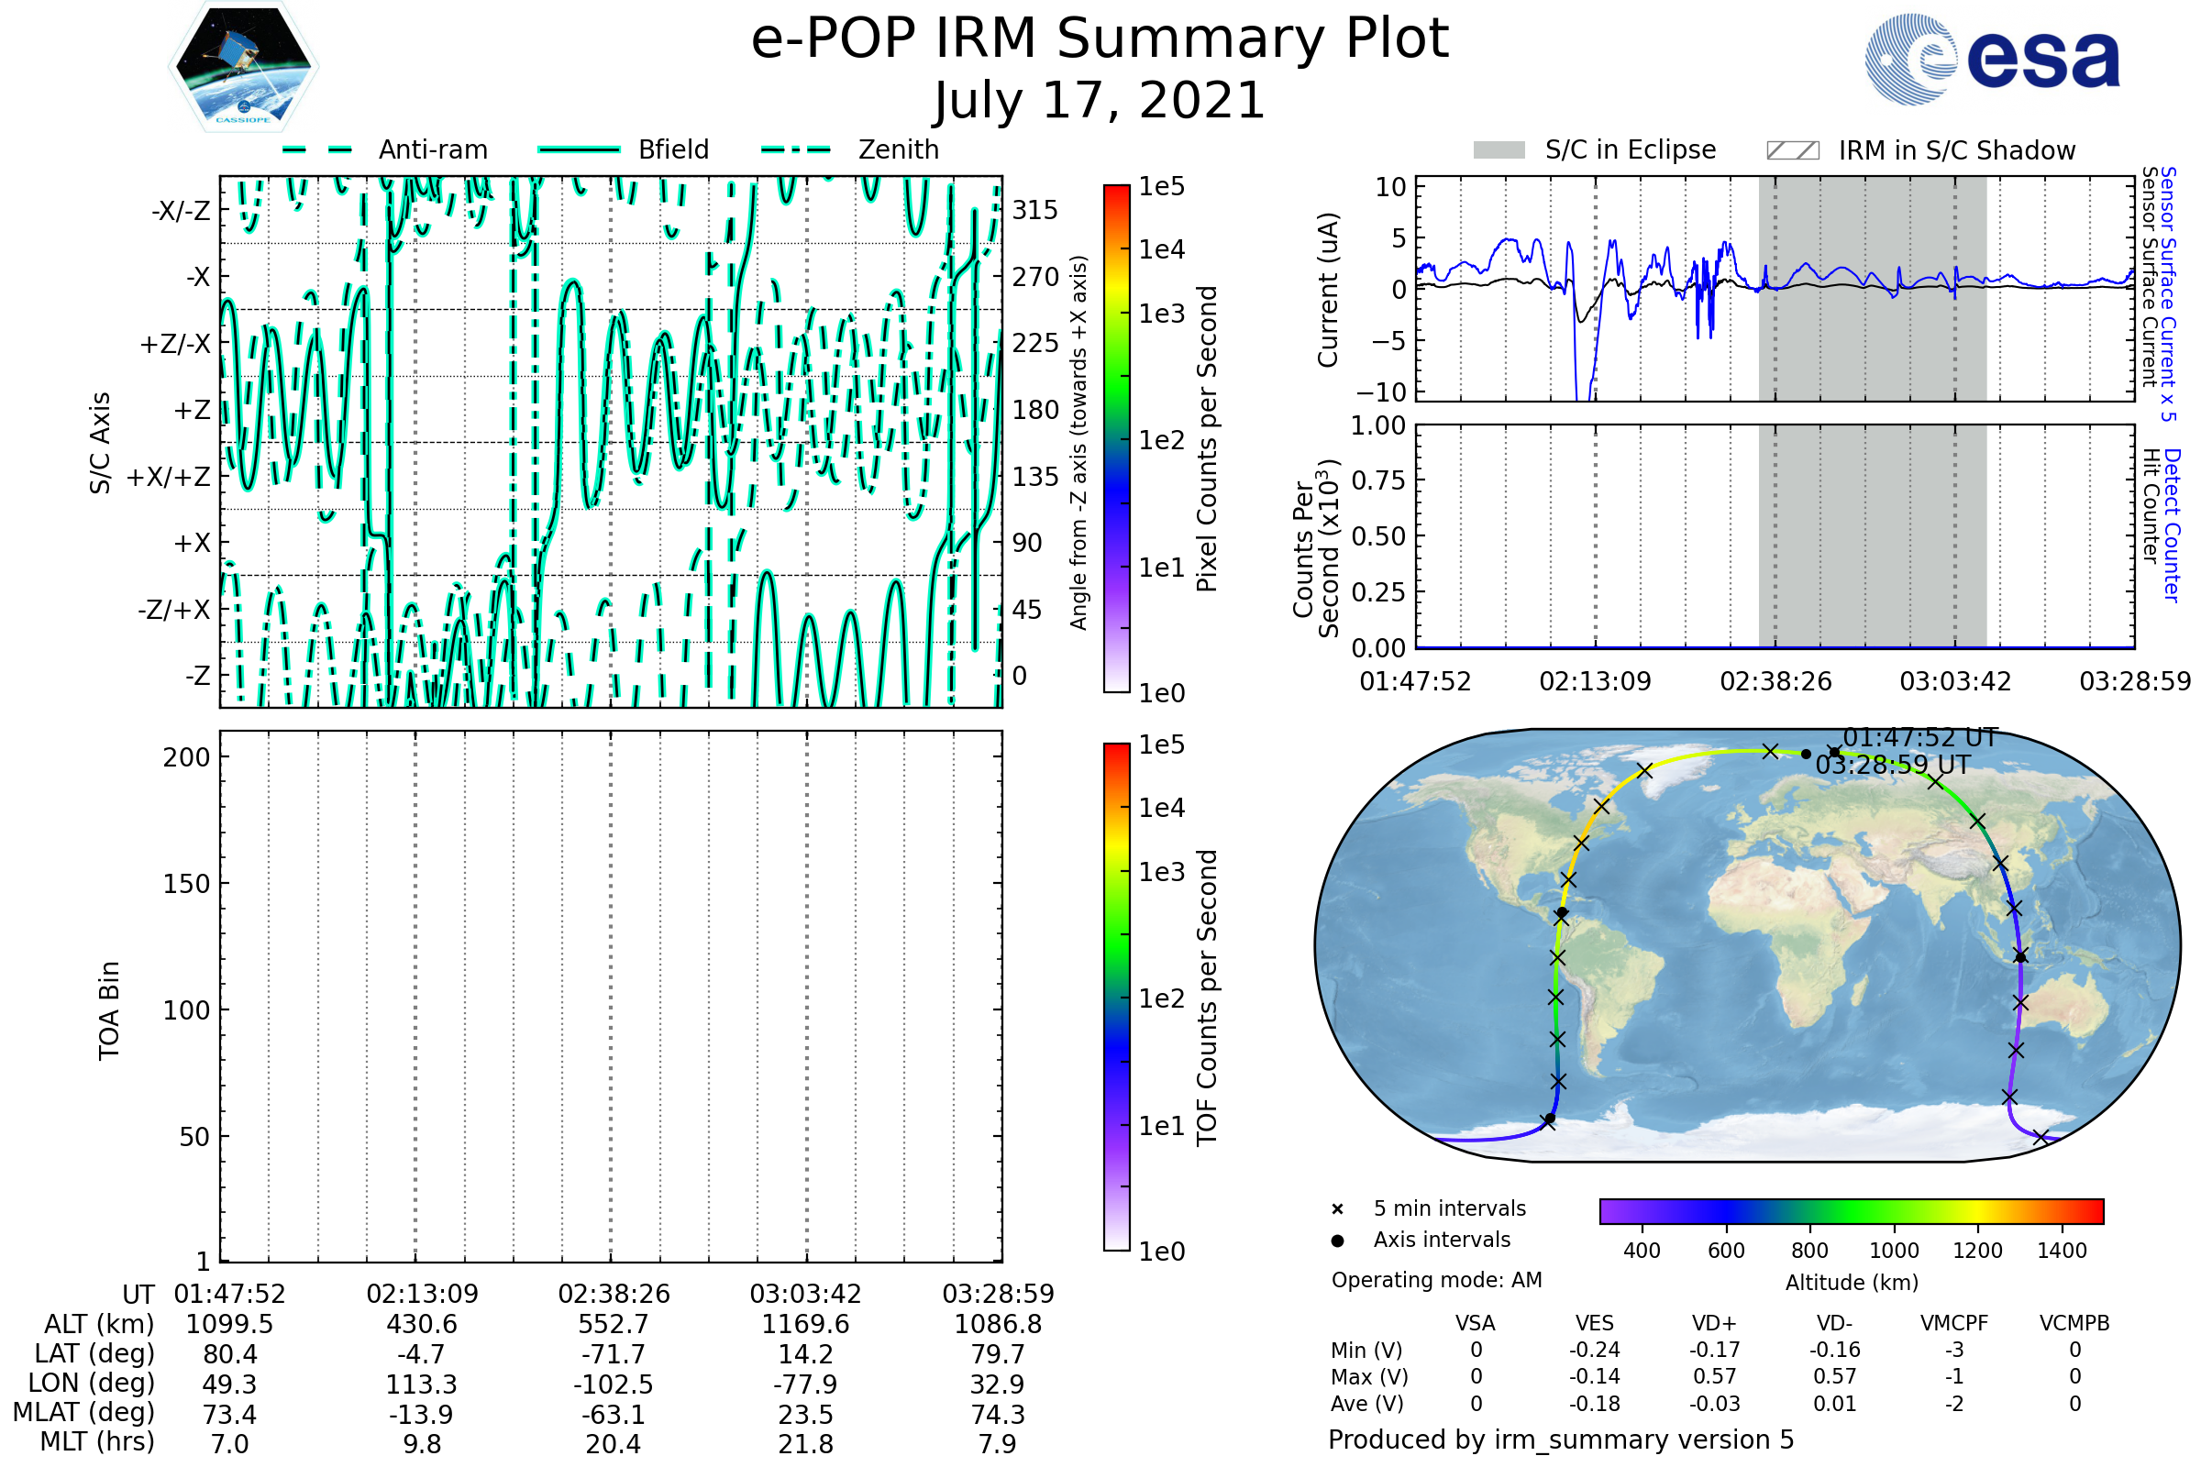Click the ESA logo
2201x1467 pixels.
pos(1993,58)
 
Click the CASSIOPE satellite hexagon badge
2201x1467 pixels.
pos(243,65)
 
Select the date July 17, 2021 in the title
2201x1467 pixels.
pos(1100,101)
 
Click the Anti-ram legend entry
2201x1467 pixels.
pos(432,149)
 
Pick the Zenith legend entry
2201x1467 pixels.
pos(898,149)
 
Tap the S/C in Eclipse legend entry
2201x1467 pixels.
pos(1630,149)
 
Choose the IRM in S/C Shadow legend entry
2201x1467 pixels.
pos(1956,150)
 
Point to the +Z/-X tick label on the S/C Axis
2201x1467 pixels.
pos(175,343)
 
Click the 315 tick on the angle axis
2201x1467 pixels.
pos(1035,210)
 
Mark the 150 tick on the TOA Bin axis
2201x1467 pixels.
pos(186,884)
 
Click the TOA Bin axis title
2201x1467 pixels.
pos(108,1010)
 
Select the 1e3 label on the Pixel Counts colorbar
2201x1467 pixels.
pos(1161,314)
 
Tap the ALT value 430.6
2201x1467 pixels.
pos(421,1324)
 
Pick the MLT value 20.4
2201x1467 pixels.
pos(613,1443)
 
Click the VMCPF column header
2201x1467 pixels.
pos(1953,1323)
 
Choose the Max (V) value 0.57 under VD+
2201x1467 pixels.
pos(1713,1376)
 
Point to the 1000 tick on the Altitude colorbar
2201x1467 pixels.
pos(1893,1251)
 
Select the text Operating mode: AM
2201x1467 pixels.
pos(1436,1280)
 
